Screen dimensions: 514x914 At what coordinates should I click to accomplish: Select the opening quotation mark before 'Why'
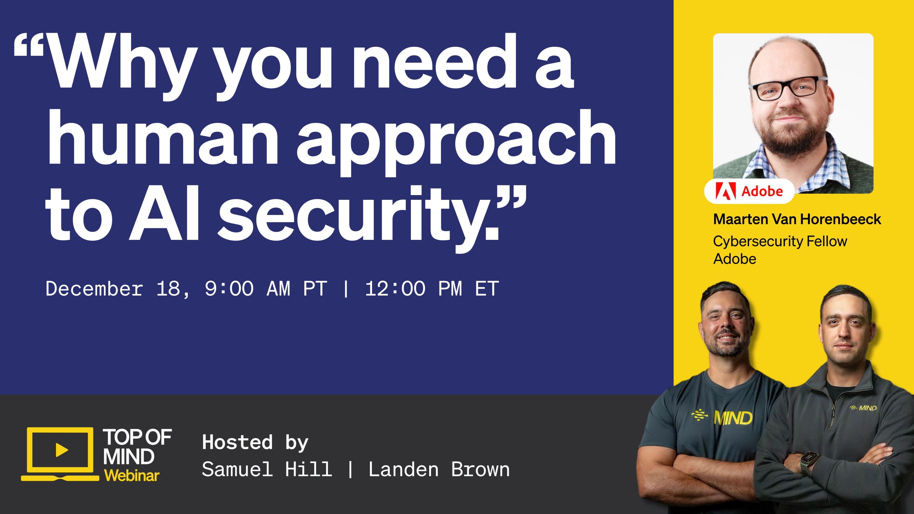(29, 45)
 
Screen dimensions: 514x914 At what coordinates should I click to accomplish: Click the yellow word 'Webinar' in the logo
(132, 476)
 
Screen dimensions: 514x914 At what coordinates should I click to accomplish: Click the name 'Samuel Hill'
(267, 469)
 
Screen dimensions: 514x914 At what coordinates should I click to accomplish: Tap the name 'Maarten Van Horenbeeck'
(797, 219)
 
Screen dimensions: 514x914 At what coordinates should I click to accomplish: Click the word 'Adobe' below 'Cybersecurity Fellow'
(735, 259)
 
